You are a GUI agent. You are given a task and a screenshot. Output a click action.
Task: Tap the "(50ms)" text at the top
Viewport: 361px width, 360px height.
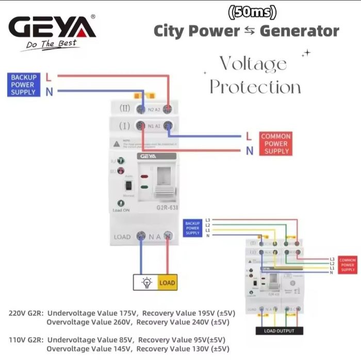(252, 11)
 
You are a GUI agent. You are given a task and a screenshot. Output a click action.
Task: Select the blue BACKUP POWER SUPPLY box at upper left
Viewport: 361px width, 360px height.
(23, 84)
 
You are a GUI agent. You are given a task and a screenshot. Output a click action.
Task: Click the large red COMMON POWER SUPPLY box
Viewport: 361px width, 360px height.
(276, 144)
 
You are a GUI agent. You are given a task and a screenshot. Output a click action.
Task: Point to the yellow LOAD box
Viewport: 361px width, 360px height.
(167, 282)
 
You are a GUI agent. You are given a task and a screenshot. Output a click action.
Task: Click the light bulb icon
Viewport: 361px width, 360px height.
(146, 282)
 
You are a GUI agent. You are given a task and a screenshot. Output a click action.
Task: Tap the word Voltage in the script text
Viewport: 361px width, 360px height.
(253, 64)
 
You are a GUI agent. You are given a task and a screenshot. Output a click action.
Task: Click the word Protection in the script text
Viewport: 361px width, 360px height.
(255, 87)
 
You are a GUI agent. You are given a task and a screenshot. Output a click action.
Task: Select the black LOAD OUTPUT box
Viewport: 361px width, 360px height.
(279, 331)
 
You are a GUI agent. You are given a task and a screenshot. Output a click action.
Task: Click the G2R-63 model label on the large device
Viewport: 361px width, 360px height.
(166, 208)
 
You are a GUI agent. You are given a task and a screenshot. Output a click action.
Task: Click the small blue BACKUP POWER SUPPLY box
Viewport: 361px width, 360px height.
(192, 228)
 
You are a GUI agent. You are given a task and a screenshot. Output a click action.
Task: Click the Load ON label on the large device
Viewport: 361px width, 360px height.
(121, 210)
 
